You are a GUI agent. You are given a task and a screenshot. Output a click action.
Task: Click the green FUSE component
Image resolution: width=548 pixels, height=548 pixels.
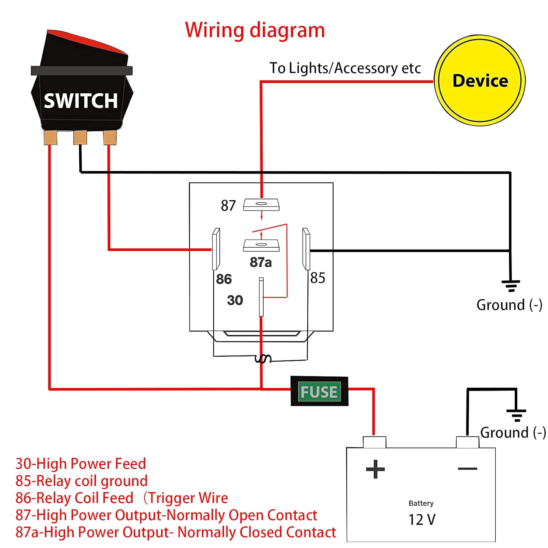tap(319, 392)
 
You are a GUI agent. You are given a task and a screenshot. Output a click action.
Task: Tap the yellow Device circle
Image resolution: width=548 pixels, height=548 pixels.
tap(480, 81)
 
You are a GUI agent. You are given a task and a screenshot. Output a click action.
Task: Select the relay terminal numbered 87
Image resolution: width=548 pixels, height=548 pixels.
tap(261, 205)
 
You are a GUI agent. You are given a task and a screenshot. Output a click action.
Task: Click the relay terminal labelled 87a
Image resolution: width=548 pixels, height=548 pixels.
tap(261, 245)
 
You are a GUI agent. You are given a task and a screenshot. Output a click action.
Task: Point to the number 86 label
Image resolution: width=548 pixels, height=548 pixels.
tap(224, 279)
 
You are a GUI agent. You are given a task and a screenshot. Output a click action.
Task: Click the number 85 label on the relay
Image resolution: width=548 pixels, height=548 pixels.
tap(317, 278)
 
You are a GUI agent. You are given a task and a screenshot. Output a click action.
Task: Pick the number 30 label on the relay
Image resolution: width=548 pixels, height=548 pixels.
tap(235, 300)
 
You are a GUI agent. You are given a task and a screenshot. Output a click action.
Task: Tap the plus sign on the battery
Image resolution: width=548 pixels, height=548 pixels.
tap(375, 469)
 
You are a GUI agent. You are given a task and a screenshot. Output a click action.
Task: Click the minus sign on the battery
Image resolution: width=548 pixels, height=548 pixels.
tap(467, 469)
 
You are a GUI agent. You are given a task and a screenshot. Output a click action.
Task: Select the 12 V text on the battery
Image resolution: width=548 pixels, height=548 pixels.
tap(422, 520)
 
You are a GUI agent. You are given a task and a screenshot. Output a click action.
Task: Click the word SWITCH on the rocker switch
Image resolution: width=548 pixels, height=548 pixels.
tap(81, 101)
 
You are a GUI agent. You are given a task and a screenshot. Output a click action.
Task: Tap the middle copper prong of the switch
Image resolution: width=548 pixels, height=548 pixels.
tap(80, 138)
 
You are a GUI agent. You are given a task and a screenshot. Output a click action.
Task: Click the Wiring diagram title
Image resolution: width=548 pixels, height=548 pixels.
tap(255, 30)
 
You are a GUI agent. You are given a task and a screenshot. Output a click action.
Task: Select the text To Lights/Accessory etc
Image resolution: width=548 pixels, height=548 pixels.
tap(345, 68)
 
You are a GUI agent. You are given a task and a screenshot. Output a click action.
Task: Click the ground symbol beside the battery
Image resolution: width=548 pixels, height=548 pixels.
tap(516, 415)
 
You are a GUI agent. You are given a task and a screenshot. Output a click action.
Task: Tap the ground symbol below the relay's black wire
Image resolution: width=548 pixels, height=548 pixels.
tap(511, 285)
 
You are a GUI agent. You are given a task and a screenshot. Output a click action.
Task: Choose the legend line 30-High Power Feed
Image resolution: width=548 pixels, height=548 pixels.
tap(81, 464)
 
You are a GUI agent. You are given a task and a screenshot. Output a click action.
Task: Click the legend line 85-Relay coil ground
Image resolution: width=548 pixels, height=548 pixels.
tap(81, 481)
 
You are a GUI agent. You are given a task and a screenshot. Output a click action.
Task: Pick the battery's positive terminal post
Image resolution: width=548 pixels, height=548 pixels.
tap(374, 442)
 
